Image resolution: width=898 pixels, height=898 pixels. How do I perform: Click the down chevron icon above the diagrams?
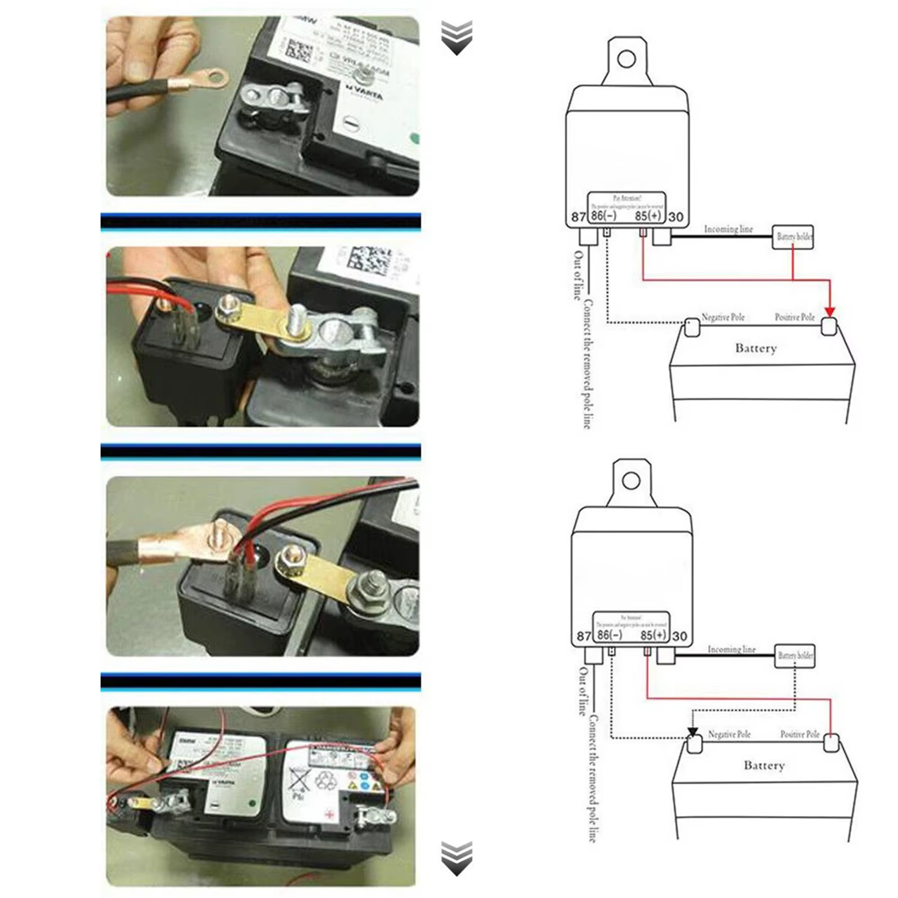[456, 38]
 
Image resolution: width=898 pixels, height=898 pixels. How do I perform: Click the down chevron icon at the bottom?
[456, 858]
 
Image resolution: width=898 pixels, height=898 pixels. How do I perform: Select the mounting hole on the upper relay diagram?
[626, 58]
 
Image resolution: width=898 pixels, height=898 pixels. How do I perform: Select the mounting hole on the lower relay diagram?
[631, 480]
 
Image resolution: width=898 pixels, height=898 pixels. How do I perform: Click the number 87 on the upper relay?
[578, 217]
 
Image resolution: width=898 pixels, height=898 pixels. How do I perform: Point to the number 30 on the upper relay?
[676, 217]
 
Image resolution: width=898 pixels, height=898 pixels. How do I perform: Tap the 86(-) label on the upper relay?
[603, 216]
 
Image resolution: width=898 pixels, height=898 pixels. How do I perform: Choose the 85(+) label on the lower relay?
[653, 635]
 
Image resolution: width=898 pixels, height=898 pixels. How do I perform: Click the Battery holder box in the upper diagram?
[793, 237]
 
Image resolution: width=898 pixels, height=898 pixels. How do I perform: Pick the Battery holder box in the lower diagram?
[795, 656]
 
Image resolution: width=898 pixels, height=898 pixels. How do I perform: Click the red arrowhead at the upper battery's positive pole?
[830, 312]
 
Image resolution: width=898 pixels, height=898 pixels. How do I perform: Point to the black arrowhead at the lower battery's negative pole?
[693, 732]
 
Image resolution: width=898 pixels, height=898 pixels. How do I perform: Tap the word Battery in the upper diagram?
[755, 348]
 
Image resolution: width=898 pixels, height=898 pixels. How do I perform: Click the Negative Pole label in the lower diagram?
[729, 734]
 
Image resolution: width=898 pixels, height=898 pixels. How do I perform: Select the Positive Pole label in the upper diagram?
[794, 317]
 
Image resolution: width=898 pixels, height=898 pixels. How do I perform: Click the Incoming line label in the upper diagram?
[728, 229]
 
